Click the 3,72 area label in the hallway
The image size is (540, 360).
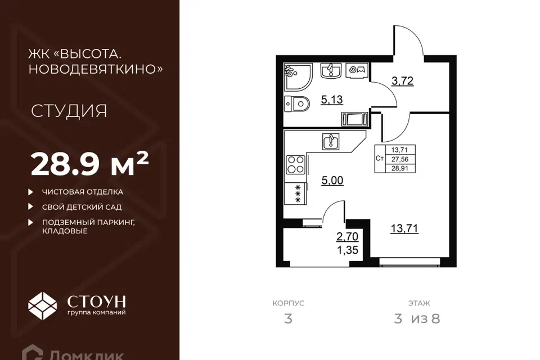(x=402, y=81)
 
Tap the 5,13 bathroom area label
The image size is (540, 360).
(x=332, y=100)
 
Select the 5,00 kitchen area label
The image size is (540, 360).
(x=332, y=181)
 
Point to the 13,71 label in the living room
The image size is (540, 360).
(x=404, y=228)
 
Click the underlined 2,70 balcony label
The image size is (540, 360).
(x=347, y=237)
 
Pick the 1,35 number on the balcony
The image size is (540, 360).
(x=348, y=250)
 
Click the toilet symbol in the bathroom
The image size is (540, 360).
(x=297, y=103)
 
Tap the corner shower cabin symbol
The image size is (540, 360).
(x=298, y=77)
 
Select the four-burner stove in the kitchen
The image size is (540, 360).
(x=296, y=164)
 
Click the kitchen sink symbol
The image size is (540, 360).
(x=331, y=142)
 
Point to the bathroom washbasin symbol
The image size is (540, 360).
(x=331, y=71)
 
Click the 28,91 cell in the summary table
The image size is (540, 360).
(x=399, y=169)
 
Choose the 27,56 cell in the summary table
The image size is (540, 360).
(x=399, y=159)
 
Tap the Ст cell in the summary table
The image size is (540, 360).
(x=380, y=159)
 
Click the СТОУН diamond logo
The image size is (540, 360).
(x=42, y=305)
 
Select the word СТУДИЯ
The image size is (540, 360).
(x=69, y=111)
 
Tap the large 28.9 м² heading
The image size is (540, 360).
(x=89, y=164)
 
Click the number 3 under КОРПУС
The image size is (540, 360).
(x=288, y=319)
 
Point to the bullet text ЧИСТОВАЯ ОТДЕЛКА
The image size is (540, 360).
(x=83, y=192)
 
